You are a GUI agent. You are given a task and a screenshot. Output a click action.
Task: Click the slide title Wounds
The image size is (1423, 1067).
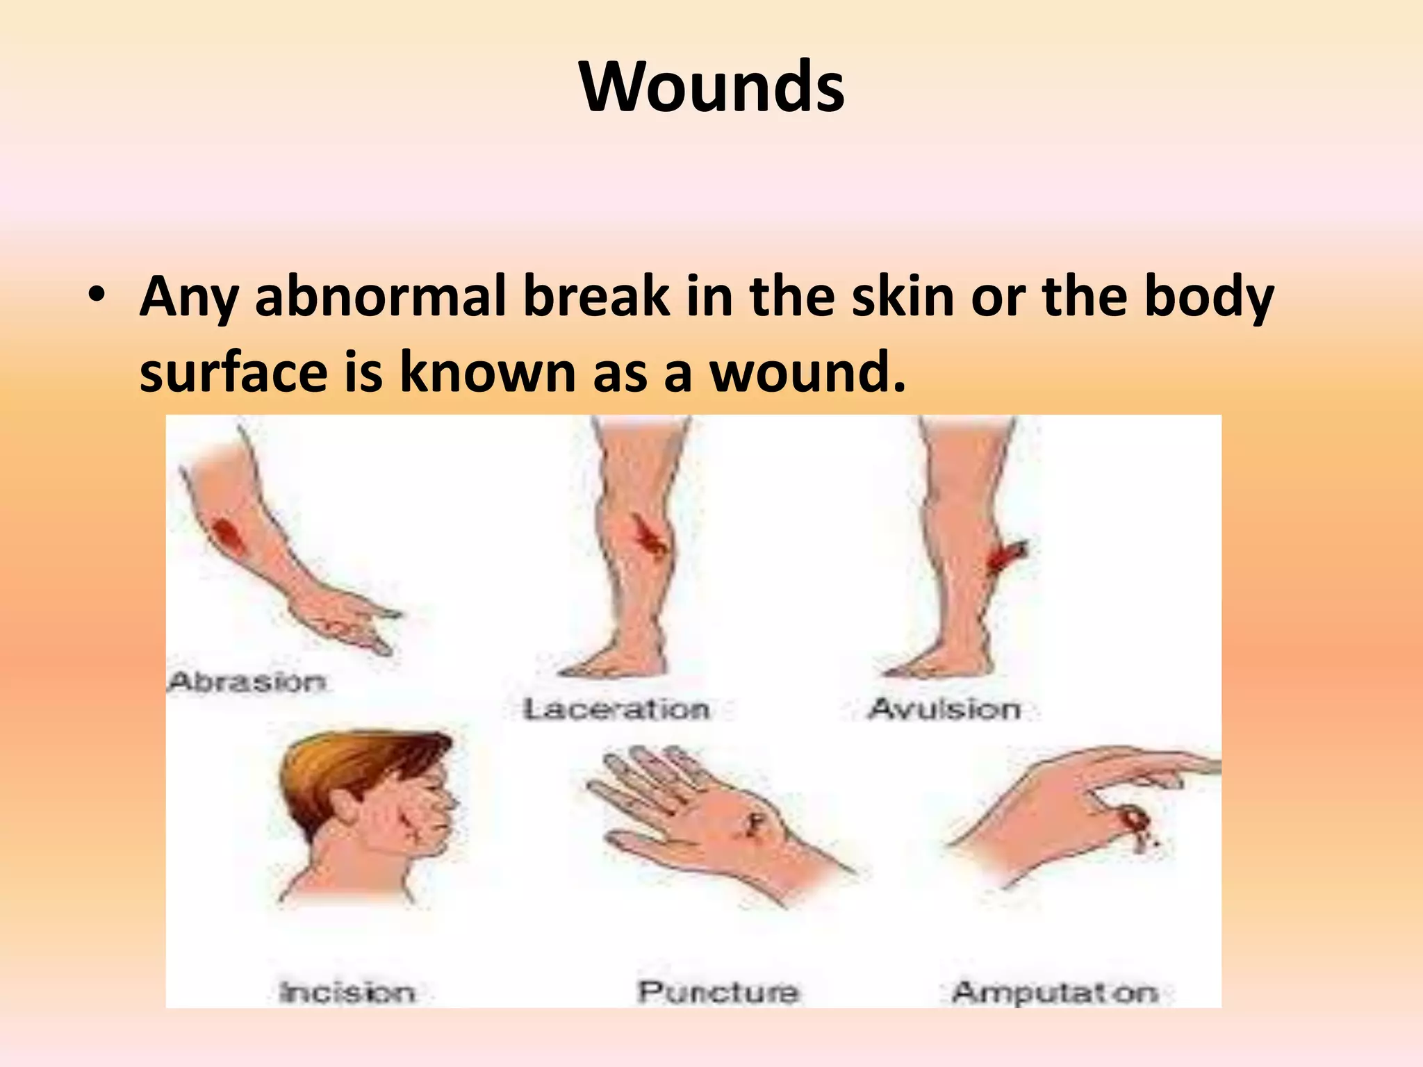(x=711, y=86)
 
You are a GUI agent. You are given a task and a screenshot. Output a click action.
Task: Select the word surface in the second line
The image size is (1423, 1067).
(x=233, y=372)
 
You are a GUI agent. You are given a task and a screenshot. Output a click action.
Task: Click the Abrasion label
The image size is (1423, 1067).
(x=247, y=681)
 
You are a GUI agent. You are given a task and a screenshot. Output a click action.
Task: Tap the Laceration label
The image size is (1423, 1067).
(x=616, y=709)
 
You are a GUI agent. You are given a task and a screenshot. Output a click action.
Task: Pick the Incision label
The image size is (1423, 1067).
(x=346, y=991)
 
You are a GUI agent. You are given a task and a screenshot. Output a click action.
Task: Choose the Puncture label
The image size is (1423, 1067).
(x=717, y=991)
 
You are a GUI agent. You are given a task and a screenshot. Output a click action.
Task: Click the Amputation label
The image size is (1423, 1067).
(x=1055, y=992)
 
